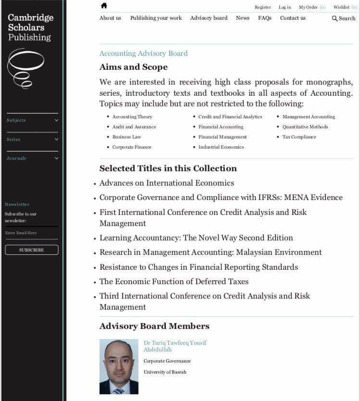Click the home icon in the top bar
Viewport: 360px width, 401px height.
[x=104, y=6]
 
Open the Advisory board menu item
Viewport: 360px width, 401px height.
[x=209, y=18]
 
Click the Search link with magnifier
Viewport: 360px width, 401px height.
[x=344, y=18]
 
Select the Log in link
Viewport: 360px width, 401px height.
[x=285, y=7]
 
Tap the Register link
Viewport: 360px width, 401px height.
[x=262, y=7]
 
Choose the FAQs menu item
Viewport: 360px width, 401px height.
[x=264, y=18]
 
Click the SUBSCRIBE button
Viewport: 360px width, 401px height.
[x=31, y=250]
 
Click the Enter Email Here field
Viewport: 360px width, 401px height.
[x=31, y=233]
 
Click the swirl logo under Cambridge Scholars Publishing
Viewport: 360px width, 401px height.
[x=25, y=68]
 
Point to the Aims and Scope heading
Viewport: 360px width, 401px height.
[x=134, y=67]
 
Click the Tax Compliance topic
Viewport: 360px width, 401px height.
[x=299, y=137]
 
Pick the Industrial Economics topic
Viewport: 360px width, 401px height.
[x=221, y=147]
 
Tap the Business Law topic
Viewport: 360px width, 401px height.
[x=127, y=137]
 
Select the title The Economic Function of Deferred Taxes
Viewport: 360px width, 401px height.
[x=174, y=281]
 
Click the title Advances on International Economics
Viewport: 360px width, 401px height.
[x=167, y=183]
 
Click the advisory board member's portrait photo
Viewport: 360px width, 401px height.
[x=119, y=366]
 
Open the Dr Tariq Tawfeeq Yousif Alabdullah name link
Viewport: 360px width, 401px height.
[x=175, y=346]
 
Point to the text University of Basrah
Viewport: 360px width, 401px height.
[x=165, y=372]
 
